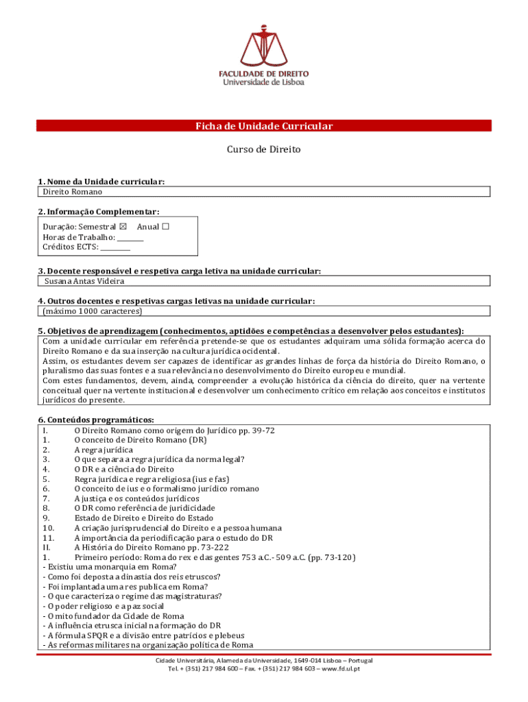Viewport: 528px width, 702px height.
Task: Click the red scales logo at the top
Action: pos(263,40)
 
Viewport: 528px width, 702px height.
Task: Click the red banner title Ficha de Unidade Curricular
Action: pos(264,126)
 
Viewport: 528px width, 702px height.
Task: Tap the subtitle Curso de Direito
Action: pos(264,149)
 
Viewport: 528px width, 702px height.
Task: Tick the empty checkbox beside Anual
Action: pos(165,226)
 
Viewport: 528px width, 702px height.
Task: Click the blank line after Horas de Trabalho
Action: pos(130,237)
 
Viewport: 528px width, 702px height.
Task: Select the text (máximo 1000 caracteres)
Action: pos(93,311)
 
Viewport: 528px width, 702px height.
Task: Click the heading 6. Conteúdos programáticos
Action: pos(96,420)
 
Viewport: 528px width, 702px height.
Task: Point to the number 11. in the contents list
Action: pos(49,537)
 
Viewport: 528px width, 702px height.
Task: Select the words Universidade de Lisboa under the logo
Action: pos(263,82)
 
